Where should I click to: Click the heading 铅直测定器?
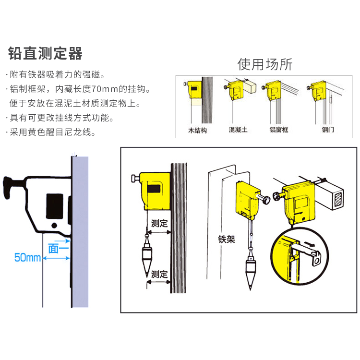click(x=45, y=53)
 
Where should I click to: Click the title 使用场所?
click(x=264, y=64)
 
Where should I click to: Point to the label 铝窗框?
click(x=278, y=130)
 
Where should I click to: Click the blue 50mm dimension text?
click(x=27, y=258)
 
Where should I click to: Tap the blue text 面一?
click(x=58, y=248)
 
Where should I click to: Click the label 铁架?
click(x=226, y=239)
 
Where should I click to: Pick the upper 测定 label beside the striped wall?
click(x=159, y=223)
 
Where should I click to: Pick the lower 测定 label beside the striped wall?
click(x=159, y=274)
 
